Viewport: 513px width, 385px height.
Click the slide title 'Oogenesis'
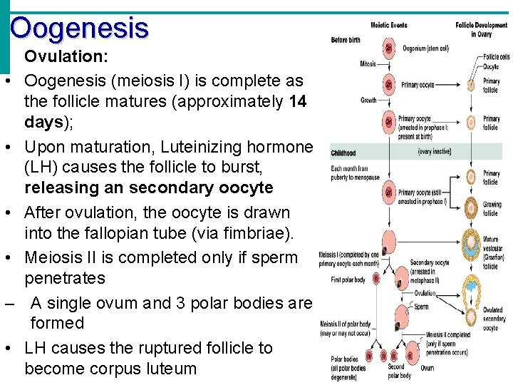click(79, 29)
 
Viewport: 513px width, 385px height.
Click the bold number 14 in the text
click(299, 101)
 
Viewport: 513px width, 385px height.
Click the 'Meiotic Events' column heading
click(389, 25)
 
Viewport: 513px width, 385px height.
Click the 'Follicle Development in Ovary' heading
click(482, 29)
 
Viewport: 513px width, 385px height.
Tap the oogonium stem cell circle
click(389, 49)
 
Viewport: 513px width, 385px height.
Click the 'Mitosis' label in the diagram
click(368, 64)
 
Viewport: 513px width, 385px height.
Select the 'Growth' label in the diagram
click(368, 101)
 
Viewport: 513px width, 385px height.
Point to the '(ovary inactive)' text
click(434, 152)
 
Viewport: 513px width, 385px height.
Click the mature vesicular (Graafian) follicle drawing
click(470, 247)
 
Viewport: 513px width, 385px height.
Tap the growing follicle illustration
click(470, 209)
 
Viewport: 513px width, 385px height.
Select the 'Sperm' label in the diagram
click(422, 307)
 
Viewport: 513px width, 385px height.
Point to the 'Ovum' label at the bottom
click(427, 368)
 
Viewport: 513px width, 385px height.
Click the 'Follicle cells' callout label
click(496, 57)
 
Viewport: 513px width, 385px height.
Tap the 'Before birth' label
click(346, 40)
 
